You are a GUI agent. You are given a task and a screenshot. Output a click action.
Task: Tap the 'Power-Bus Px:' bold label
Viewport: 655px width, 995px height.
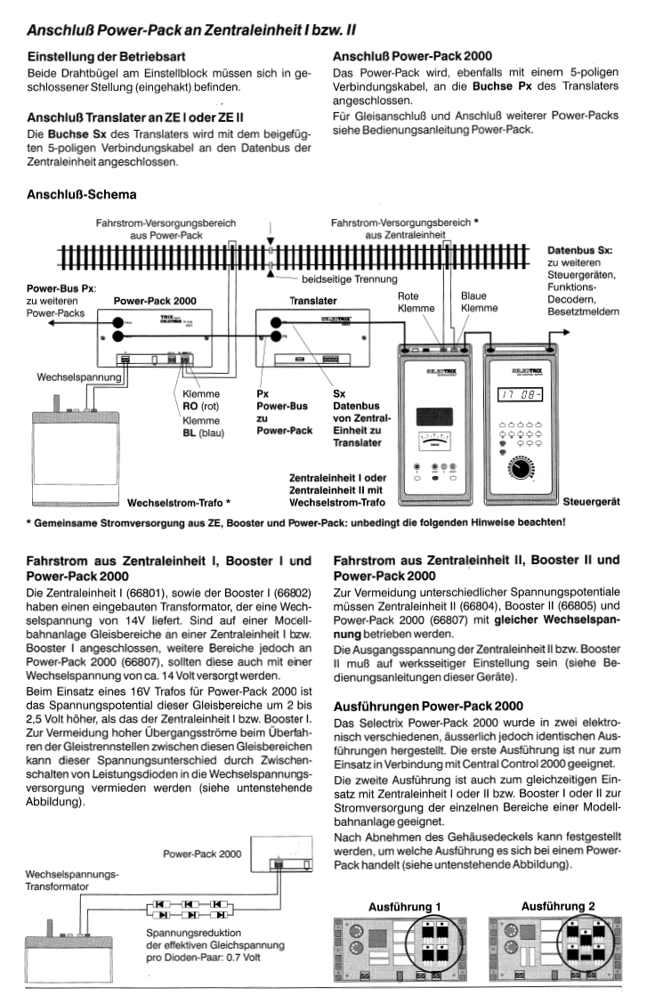[61, 288]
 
